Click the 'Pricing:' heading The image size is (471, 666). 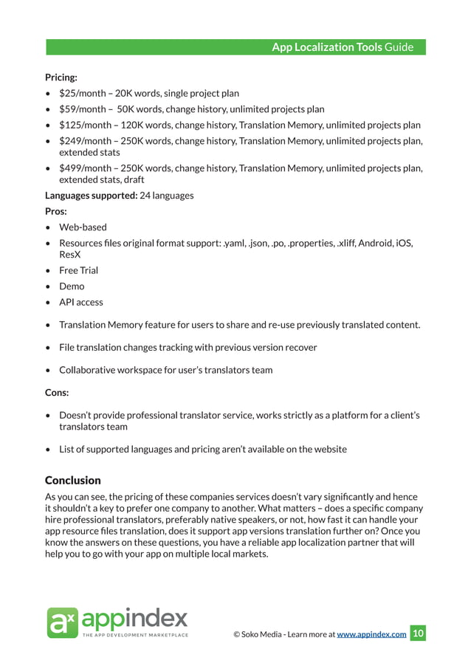[x=61, y=77]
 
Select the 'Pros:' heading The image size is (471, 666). [x=56, y=211]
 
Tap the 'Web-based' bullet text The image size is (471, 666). [x=83, y=227]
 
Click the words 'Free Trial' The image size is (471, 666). [x=78, y=270]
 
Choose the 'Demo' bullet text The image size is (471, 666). [x=72, y=286]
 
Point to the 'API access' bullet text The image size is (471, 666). [x=81, y=302]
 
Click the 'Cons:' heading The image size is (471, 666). [x=57, y=393]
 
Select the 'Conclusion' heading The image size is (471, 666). [x=73, y=481]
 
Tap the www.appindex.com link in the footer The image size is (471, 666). [x=371, y=634]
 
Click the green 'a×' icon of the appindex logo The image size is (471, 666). [x=61, y=622]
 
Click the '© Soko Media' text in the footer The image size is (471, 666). [x=259, y=634]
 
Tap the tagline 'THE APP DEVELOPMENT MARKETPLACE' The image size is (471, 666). [x=135, y=635]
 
